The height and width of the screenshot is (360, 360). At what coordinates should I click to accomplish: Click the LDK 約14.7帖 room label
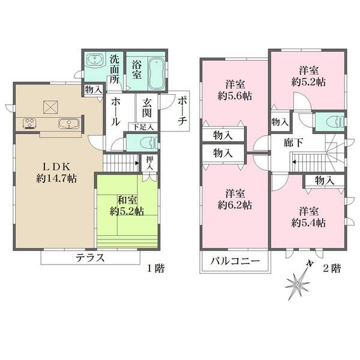[56, 173]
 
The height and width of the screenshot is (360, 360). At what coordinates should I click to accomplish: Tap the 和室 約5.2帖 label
[127, 206]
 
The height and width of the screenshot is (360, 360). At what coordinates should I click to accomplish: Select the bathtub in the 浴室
[156, 74]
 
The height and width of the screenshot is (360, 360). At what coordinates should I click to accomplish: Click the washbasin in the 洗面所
[95, 61]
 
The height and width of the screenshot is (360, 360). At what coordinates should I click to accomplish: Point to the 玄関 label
[146, 108]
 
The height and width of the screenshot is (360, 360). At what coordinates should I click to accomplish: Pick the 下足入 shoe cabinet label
[143, 127]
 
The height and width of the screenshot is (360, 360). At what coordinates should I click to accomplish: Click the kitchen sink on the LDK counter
[68, 124]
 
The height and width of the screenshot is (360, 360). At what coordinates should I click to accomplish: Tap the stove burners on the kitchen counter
[29, 123]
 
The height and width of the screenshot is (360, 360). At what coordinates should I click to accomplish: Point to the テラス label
[90, 258]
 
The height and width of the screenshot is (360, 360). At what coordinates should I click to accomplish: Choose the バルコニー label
[235, 261]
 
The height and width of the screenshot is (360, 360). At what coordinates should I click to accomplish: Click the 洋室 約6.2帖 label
[235, 199]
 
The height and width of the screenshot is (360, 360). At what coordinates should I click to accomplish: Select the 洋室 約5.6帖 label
[235, 90]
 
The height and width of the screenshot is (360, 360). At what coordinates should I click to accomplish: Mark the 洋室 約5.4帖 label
[308, 217]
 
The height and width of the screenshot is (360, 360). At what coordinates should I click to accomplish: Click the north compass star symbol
[298, 283]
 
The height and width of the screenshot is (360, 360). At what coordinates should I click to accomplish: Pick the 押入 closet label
[149, 163]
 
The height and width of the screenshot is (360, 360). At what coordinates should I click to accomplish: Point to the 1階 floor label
[155, 268]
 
